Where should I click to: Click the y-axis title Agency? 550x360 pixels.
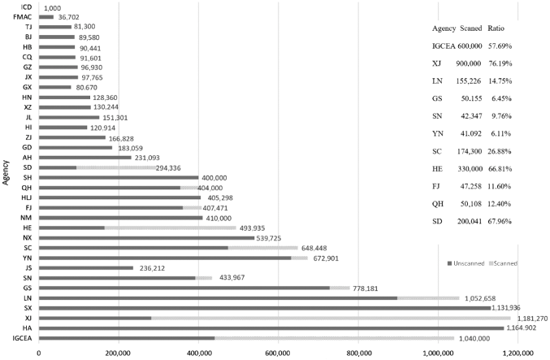(x=6, y=172)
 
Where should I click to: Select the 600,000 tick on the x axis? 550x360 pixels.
(x=279, y=353)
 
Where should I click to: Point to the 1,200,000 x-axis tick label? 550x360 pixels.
(x=518, y=353)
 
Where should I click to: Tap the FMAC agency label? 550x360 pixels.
(x=23, y=17)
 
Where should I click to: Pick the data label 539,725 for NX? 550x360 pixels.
(x=269, y=238)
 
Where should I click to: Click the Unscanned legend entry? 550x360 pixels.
(x=466, y=263)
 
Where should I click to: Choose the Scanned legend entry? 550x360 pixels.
(x=504, y=263)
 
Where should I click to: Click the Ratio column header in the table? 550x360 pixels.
(x=496, y=28)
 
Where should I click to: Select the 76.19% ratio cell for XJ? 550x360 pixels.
(x=500, y=63)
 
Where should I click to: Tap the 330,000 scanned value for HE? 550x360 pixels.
(x=470, y=169)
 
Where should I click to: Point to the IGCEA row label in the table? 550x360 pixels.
(x=444, y=46)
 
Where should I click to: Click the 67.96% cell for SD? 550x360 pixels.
(x=500, y=221)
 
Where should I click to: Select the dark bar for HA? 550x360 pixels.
(x=271, y=328)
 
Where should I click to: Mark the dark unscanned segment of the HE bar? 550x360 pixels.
(x=71, y=228)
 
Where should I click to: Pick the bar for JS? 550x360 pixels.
(x=86, y=268)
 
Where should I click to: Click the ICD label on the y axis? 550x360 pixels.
(x=26, y=7)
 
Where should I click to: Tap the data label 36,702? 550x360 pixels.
(x=69, y=17)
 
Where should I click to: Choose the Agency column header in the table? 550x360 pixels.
(x=444, y=28)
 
